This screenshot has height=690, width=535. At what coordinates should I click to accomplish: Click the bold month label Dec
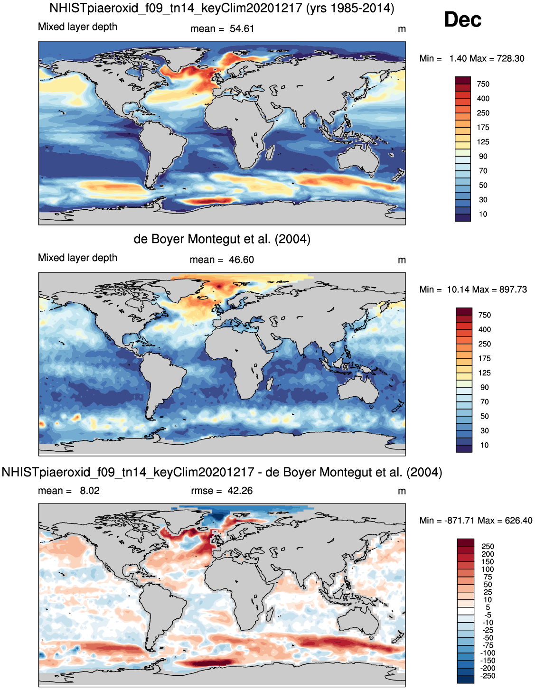(462, 20)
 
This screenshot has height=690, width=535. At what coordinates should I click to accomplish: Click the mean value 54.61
(242, 29)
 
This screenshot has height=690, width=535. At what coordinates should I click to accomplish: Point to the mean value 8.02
(90, 491)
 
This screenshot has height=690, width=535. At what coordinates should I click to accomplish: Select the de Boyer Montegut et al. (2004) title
(222, 239)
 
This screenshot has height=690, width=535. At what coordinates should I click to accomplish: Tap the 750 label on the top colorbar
(483, 84)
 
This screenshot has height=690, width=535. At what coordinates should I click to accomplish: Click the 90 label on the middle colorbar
(484, 387)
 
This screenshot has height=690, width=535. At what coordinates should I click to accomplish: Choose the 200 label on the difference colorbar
(488, 554)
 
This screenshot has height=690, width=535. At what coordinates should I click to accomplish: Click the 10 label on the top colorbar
(483, 214)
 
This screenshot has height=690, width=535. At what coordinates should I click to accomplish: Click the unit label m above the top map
(402, 29)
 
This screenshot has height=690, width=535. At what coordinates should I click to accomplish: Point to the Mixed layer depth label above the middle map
(77, 258)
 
